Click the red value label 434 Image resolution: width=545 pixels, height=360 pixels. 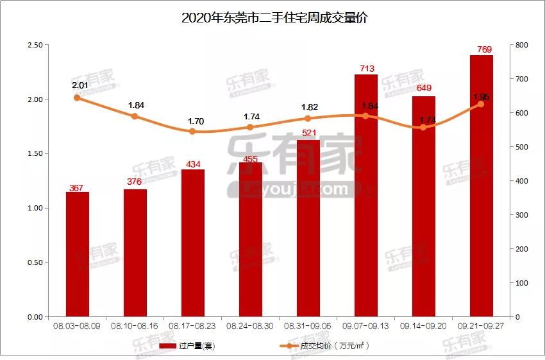193,164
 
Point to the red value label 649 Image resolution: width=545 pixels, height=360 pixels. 424,88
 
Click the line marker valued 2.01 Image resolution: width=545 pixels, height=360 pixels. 78,98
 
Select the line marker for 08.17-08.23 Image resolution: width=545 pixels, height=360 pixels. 193,132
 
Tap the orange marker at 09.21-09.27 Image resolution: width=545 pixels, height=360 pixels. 481,104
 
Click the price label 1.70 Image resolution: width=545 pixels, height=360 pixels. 193,121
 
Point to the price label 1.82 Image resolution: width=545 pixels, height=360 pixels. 308,107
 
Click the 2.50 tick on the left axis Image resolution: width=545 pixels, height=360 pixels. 35,45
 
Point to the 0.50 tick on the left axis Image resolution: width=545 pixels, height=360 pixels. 35,262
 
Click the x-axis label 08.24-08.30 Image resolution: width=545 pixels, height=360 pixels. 251,326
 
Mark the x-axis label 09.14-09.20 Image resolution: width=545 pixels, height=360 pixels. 424,326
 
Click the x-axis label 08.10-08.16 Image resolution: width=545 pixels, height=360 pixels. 135,326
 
